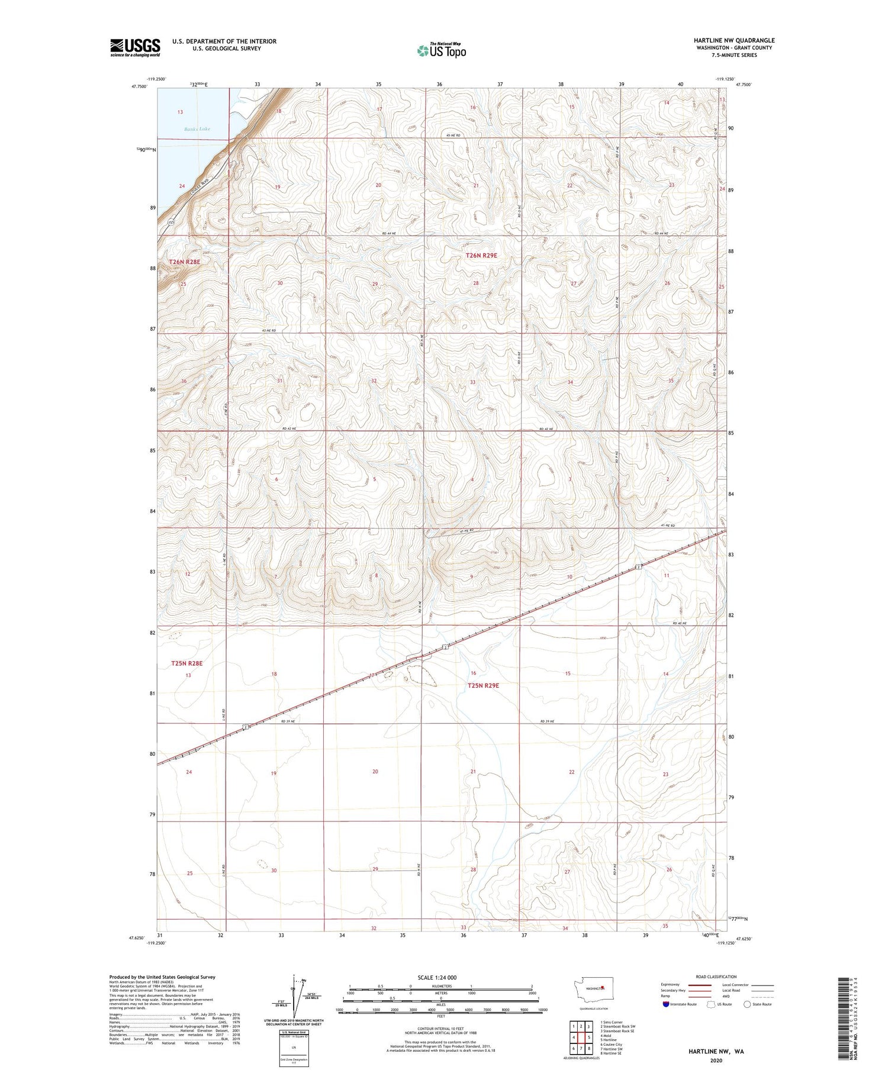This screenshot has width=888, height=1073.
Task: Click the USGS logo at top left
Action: tap(135, 47)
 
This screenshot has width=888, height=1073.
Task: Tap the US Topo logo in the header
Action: tap(442, 50)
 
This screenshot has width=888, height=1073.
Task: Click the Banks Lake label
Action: tap(197, 129)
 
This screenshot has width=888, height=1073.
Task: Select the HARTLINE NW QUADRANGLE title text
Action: tap(734, 40)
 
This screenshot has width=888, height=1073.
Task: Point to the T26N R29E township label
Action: tap(481, 256)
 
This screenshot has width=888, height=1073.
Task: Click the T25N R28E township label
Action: tap(186, 663)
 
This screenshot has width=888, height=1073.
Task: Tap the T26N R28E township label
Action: tap(185, 262)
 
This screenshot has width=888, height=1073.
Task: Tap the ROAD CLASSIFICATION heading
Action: tap(716, 977)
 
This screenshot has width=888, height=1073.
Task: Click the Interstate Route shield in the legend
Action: tap(666, 1004)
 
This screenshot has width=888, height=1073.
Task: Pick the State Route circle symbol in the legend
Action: tap(747, 1004)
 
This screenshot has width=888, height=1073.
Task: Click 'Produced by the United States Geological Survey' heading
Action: tap(162, 977)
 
